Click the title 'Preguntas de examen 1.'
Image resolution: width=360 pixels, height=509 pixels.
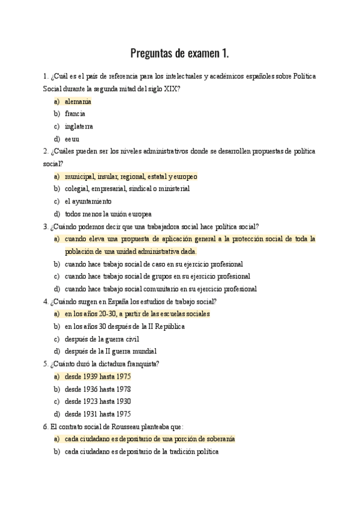(180, 53)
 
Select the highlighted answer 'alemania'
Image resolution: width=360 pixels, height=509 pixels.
(78, 101)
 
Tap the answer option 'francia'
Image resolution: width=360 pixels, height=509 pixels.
(75, 113)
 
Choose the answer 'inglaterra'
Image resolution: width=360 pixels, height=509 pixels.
(79, 126)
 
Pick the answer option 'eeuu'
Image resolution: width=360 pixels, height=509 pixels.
(72, 139)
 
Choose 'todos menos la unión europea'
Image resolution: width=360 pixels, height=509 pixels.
(108, 214)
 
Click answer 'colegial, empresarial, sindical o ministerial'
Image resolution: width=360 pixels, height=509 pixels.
(127, 188)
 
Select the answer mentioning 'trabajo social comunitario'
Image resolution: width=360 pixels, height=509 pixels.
(161, 289)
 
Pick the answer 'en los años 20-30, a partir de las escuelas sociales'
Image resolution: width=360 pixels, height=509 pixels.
(137, 314)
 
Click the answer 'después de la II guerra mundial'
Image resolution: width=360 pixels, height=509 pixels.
(110, 351)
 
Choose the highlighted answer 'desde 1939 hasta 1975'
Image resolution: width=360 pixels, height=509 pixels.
(98, 376)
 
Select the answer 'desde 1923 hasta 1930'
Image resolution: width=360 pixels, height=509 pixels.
(98, 401)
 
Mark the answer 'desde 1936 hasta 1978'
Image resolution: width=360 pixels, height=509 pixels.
(98, 389)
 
